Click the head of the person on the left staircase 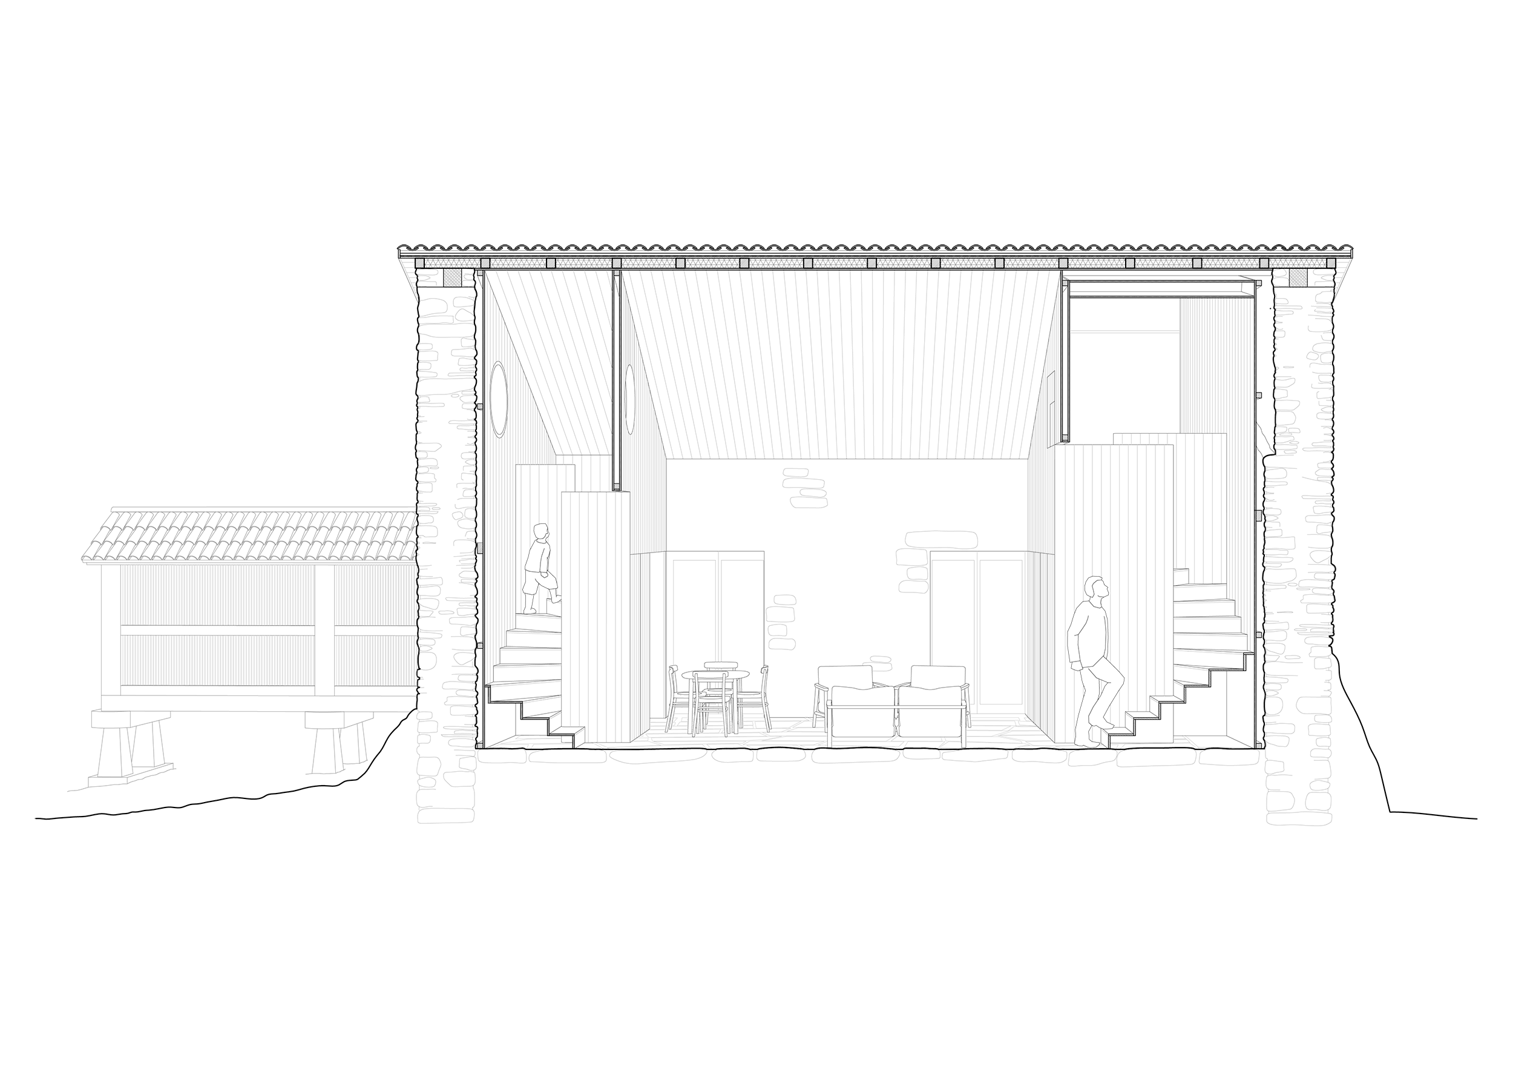[x=541, y=531]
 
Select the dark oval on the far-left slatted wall [x=498, y=395]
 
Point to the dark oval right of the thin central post [x=629, y=395]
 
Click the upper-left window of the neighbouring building [x=218, y=594]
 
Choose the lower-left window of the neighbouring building [x=218, y=660]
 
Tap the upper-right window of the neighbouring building [x=374, y=594]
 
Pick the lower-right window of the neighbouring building [x=374, y=660]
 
